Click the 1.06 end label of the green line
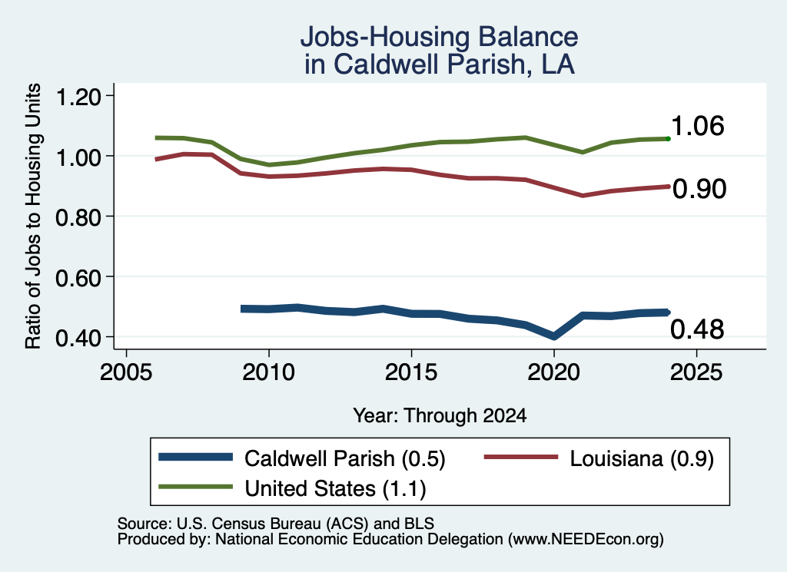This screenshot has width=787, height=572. click(x=697, y=126)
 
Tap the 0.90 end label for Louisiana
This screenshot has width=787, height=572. click(x=699, y=189)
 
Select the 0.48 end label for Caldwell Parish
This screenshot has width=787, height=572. click(x=697, y=329)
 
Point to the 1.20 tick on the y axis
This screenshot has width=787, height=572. click(x=78, y=96)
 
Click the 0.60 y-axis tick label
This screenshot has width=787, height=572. click(x=78, y=277)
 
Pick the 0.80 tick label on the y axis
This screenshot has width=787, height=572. click(x=78, y=217)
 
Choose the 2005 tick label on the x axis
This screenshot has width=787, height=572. click(x=126, y=372)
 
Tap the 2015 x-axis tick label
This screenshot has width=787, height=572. click(x=411, y=372)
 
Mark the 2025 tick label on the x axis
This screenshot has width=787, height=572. click(x=696, y=372)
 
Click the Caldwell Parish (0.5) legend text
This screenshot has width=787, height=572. click(x=345, y=458)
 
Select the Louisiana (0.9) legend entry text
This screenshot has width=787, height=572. click(x=642, y=458)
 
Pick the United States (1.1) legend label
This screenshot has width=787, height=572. click(x=335, y=489)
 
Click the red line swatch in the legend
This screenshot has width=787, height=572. click(x=520, y=457)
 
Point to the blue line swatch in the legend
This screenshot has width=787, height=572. click(x=196, y=457)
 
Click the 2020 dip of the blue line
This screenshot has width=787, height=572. click(x=553, y=336)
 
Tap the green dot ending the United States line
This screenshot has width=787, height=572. click(x=668, y=138)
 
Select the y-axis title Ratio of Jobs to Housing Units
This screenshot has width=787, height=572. click(x=33, y=216)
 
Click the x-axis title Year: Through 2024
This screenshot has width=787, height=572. click(x=440, y=415)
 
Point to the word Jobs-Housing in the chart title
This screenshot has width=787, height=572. click(x=384, y=37)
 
